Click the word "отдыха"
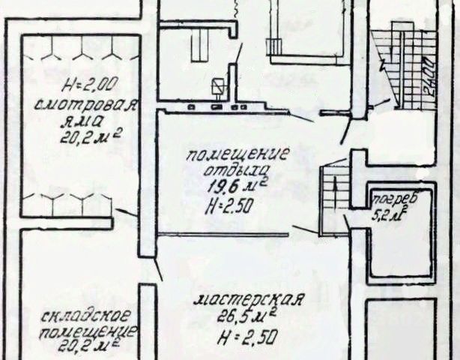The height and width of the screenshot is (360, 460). (x=237, y=170)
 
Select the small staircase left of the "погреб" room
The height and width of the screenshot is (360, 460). (x=334, y=199)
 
